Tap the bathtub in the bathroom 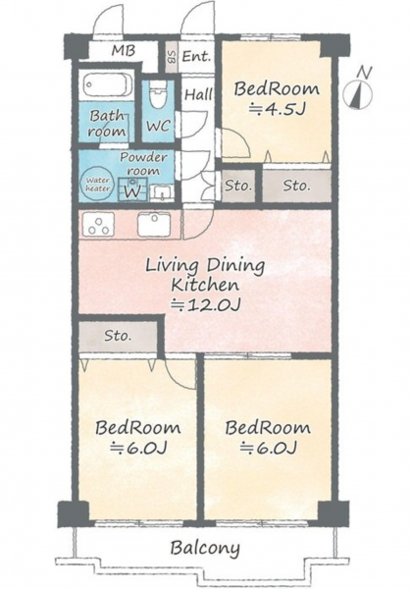[108, 84]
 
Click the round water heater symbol [97, 185]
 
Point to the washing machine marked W [132, 187]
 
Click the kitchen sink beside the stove [154, 225]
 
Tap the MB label [123, 50]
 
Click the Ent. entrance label [196, 56]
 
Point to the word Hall [198, 94]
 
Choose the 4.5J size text [277, 109]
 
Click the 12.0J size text [205, 305]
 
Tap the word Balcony [205, 549]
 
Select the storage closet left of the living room [118, 335]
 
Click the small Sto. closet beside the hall [238, 186]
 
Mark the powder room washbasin [162, 192]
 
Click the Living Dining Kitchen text [205, 275]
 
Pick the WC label [158, 126]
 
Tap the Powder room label [143, 164]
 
